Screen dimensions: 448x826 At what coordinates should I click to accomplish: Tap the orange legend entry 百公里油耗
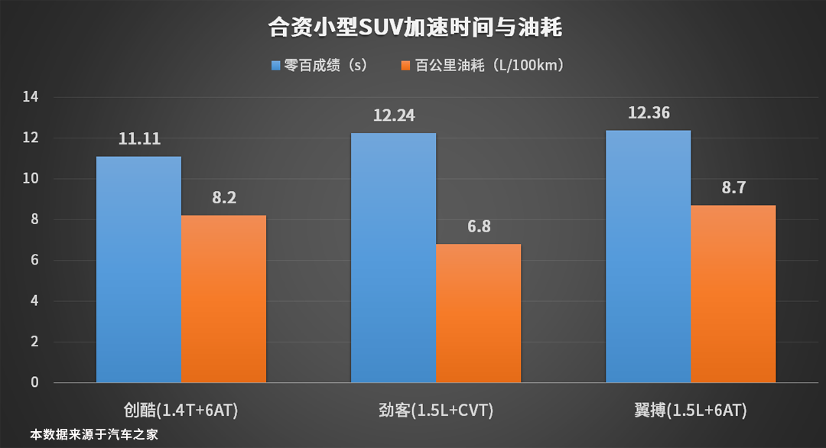tap(489, 66)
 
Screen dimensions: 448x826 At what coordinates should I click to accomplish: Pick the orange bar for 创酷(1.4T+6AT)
tap(224, 299)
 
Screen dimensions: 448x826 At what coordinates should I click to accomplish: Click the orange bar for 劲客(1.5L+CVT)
tap(479, 313)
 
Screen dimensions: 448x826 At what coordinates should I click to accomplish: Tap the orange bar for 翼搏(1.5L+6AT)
tap(733, 294)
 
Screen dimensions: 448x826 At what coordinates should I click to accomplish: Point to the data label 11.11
tap(138, 139)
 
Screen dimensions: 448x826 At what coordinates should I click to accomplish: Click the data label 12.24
tap(393, 116)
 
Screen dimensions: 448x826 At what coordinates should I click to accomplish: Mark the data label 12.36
tap(649, 113)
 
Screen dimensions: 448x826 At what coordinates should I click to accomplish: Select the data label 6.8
tap(479, 228)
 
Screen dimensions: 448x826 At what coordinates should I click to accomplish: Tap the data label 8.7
tap(733, 188)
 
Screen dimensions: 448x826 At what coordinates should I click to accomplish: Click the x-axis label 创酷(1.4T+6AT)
tap(181, 411)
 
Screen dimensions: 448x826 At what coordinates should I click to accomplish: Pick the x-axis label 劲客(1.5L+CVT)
tap(436, 411)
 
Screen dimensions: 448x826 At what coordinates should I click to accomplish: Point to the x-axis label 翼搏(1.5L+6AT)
tap(691, 411)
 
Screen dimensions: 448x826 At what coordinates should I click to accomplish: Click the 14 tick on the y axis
tap(31, 97)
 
